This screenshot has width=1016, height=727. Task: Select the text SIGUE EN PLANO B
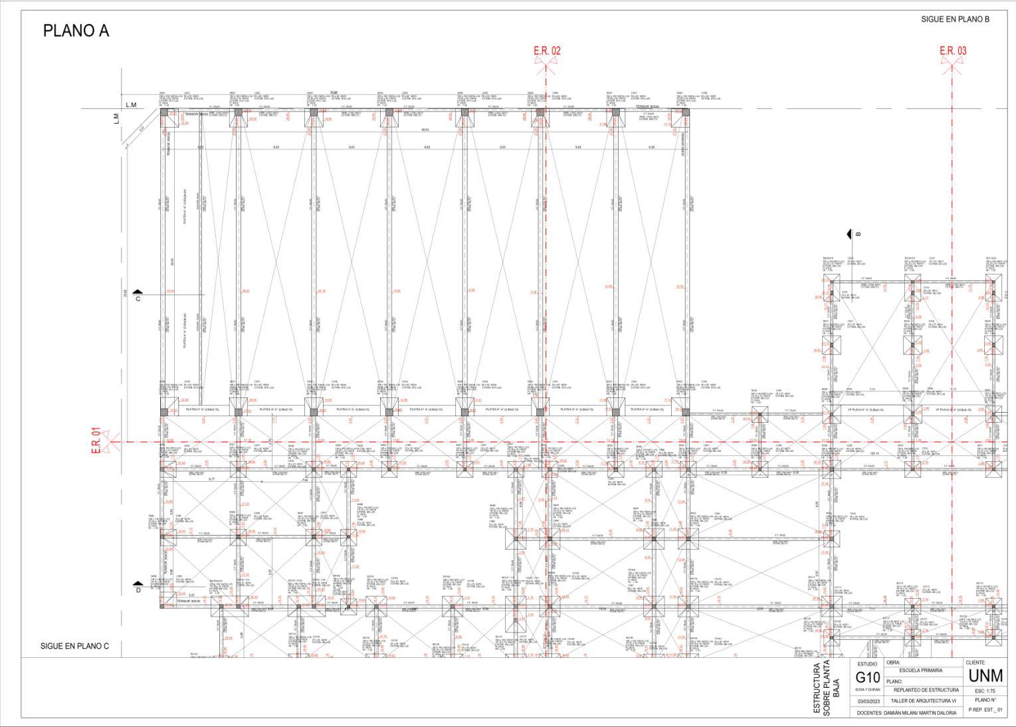click(x=955, y=19)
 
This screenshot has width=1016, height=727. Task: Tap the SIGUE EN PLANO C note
click(x=74, y=646)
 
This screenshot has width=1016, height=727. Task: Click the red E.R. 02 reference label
click(x=547, y=51)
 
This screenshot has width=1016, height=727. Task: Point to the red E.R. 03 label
click(x=953, y=51)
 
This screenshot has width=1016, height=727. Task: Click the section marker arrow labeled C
click(x=138, y=292)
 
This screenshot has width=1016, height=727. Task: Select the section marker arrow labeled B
click(x=849, y=234)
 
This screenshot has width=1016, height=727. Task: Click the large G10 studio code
click(x=867, y=678)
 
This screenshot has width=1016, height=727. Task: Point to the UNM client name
click(x=986, y=676)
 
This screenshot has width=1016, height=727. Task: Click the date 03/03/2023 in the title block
click(x=867, y=701)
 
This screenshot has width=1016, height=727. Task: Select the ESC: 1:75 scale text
click(x=987, y=690)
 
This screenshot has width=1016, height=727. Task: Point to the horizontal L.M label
click(x=131, y=106)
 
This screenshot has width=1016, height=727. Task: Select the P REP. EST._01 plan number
click(x=987, y=710)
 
